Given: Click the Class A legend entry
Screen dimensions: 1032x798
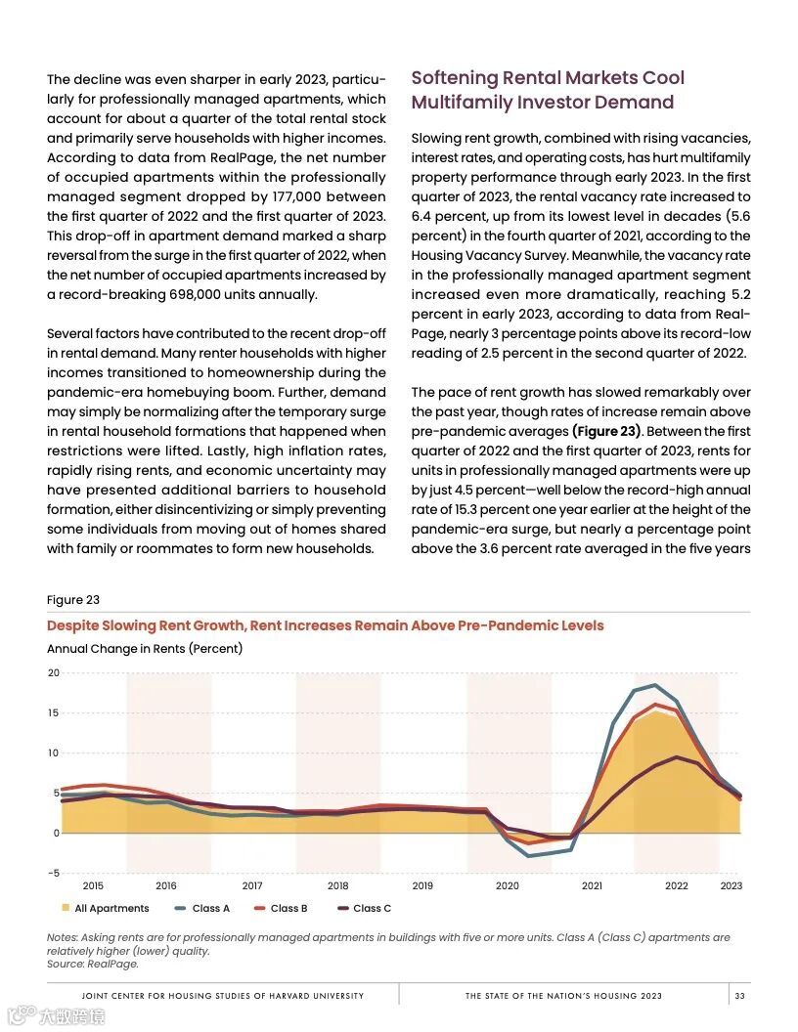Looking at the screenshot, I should [x=203, y=908].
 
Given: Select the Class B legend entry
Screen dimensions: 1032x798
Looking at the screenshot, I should [x=281, y=908].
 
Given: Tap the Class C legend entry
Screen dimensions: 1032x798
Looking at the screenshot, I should [x=364, y=908].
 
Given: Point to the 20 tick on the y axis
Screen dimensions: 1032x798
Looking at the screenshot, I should [x=53, y=673].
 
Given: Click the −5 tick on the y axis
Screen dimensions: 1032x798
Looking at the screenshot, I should [x=53, y=873].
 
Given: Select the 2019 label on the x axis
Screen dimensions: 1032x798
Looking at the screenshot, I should [x=422, y=886].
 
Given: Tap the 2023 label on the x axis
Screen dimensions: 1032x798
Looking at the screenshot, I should [x=731, y=886].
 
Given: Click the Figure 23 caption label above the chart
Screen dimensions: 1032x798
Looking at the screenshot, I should [x=73, y=600].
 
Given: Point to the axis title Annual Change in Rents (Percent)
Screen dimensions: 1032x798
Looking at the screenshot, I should [x=145, y=649].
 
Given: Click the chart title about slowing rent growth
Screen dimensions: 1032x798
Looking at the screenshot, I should [x=325, y=625].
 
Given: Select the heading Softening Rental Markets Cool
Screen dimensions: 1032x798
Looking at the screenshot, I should [x=548, y=78].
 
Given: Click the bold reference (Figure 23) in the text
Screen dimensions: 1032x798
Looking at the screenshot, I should [x=606, y=431].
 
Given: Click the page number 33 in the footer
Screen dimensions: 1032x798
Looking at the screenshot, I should [x=740, y=996].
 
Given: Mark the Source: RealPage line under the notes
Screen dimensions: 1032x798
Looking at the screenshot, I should [x=93, y=964].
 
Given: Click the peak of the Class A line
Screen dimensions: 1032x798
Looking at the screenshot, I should [x=654, y=685].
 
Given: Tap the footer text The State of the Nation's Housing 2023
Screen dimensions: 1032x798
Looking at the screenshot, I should [x=563, y=996].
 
